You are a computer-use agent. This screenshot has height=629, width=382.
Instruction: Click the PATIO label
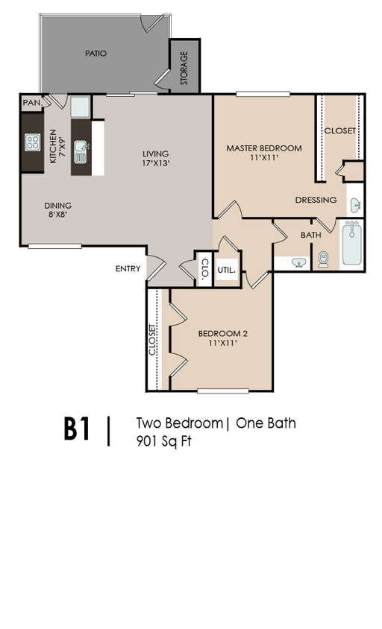click(96, 54)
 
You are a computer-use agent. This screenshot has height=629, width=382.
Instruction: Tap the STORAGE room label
click(184, 69)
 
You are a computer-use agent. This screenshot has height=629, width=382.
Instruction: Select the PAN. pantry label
click(33, 103)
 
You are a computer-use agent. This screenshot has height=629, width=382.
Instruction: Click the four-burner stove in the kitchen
click(33, 142)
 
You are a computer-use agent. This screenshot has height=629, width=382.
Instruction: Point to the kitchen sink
click(81, 152)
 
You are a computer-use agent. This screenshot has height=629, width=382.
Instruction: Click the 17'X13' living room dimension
click(156, 163)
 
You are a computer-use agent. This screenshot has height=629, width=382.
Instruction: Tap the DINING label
click(58, 206)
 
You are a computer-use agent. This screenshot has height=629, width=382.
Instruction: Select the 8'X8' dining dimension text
click(58, 215)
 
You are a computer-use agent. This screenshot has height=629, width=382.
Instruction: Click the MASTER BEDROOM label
click(264, 148)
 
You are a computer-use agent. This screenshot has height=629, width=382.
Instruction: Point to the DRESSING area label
click(316, 200)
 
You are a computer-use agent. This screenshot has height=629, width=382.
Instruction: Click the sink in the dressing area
click(355, 206)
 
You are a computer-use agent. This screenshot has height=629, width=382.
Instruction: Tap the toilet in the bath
click(323, 259)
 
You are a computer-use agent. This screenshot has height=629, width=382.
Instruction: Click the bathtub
click(352, 243)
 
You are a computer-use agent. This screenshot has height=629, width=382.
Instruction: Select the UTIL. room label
click(227, 271)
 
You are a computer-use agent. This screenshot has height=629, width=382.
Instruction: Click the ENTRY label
click(128, 269)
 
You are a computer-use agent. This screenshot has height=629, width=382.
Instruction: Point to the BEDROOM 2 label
click(223, 334)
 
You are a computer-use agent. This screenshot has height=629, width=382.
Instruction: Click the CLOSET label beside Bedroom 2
click(152, 339)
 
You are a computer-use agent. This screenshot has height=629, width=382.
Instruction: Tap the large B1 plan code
click(77, 429)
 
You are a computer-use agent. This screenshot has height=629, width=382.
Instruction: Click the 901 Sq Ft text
click(164, 441)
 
